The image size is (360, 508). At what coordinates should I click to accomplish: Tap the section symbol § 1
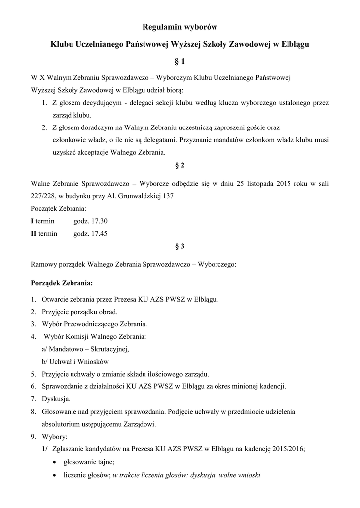pos(180,62)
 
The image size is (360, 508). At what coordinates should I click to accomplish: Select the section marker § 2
pos(180,164)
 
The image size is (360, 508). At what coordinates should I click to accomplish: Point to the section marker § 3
pos(180,246)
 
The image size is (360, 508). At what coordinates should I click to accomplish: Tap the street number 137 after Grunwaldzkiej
pos(168,196)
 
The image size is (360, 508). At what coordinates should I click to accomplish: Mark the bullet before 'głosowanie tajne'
pos(55,462)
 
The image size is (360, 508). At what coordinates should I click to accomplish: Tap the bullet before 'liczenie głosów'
pos(55,475)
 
